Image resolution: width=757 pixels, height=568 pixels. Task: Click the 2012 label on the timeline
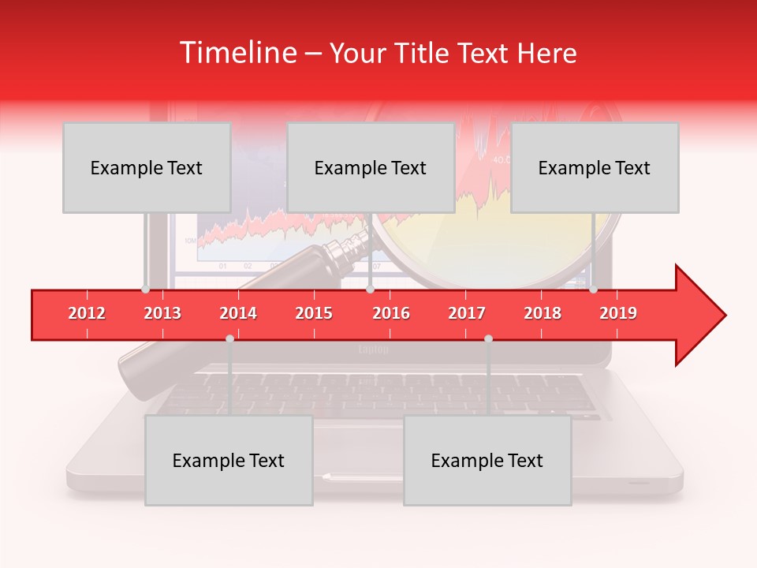87,313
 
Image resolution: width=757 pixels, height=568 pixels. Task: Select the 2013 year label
162,313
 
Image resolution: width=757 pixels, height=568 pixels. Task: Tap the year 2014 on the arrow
238,313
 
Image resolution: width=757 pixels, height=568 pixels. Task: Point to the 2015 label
314,313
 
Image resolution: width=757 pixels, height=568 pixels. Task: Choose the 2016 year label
391,313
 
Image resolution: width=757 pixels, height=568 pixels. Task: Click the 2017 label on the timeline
467,313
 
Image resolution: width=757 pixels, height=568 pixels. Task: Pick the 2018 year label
543,313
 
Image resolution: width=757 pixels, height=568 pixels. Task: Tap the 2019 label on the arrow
618,313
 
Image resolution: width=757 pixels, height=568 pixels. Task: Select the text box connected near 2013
147,167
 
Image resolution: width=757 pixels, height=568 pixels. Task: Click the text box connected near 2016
371,167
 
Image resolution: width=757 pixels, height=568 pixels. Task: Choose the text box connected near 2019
595,167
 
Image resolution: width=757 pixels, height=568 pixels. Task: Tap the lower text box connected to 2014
229,460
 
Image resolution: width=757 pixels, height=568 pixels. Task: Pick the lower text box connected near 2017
487,460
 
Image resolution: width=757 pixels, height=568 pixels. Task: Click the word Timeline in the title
237,53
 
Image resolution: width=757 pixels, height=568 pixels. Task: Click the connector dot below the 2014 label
229,338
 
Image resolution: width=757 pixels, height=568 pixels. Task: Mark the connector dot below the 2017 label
488,338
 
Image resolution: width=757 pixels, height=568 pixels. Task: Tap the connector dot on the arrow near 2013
145,290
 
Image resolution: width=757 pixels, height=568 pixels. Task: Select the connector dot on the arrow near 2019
593,290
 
